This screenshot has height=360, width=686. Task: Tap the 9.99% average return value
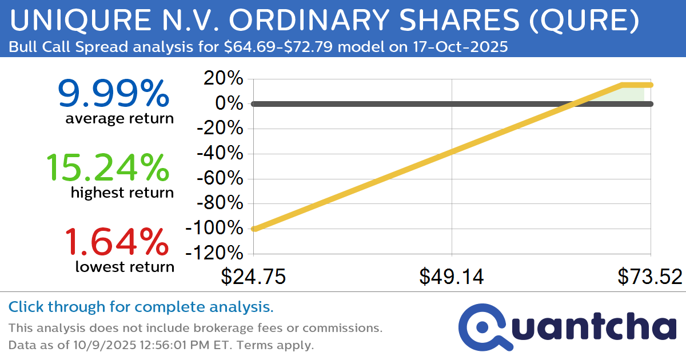click(113, 94)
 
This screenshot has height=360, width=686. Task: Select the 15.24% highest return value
click(107, 168)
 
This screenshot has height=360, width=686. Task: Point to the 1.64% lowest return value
click(116, 242)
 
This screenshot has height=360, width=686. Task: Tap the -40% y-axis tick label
click(221, 154)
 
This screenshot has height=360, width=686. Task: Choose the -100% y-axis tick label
click(215, 228)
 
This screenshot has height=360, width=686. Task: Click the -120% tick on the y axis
click(215, 253)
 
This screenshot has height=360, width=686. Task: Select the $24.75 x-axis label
click(253, 277)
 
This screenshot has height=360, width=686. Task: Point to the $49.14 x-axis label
click(452, 277)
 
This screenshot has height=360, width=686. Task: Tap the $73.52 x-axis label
click(650, 277)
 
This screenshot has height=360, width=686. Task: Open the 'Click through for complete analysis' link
click(141, 307)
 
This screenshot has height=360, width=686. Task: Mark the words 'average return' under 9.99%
click(119, 118)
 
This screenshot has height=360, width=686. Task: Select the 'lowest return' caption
click(125, 266)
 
